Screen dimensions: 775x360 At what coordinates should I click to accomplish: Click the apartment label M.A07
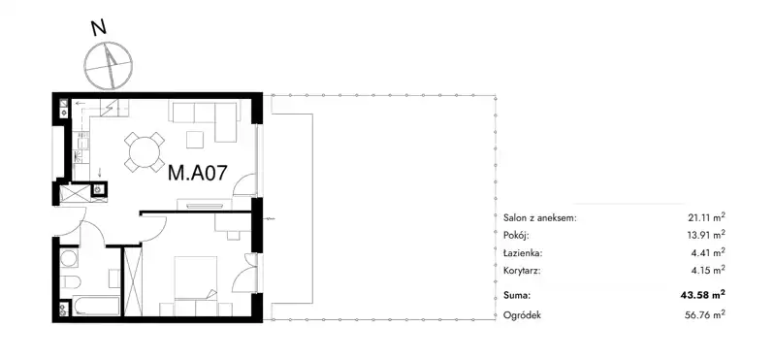pyautogui.click(x=198, y=173)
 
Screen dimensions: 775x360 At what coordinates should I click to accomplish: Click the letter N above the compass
pyautogui.click(x=99, y=28)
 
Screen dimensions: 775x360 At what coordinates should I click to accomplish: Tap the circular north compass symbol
pyautogui.click(x=109, y=65)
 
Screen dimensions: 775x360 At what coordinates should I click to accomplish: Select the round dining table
pyautogui.click(x=145, y=151)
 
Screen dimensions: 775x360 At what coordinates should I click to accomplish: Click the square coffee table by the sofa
pyautogui.click(x=195, y=140)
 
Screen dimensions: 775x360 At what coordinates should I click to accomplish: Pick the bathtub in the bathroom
pyautogui.click(x=96, y=306)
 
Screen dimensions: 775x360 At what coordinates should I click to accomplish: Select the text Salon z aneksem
pyautogui.click(x=539, y=217)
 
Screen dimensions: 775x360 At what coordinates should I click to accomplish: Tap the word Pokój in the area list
pyautogui.click(x=517, y=235)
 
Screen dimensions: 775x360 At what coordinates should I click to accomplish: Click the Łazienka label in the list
pyautogui.click(x=523, y=252)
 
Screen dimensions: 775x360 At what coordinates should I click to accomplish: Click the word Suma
pyautogui.click(x=516, y=296)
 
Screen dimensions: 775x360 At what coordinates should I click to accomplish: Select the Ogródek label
pyautogui.click(x=522, y=315)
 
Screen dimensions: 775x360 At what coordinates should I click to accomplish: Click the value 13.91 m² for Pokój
pyautogui.click(x=706, y=235)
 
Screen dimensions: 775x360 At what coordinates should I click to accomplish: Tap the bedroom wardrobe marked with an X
pyautogui.click(x=133, y=280)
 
